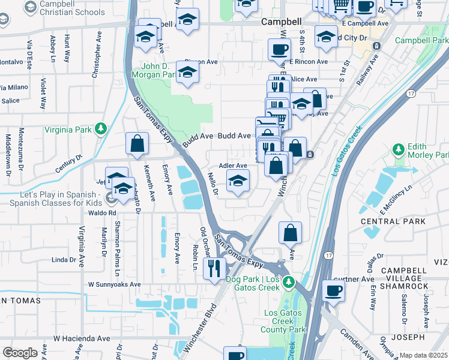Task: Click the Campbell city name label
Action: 281,21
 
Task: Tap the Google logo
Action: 20,353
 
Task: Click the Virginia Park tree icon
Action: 101,128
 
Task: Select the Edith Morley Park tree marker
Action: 397,148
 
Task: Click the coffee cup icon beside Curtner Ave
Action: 334,291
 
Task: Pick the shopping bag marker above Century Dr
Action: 137,144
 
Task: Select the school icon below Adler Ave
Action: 238,181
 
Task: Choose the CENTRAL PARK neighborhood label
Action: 393,221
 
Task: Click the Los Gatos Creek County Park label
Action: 285,321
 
